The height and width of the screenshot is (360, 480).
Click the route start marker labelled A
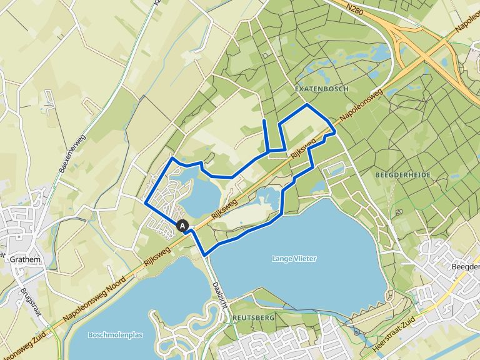[x=182, y=226]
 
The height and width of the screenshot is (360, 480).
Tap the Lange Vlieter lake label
[x=294, y=258]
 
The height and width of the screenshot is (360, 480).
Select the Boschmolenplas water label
[x=116, y=335]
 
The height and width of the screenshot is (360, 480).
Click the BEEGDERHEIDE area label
[x=402, y=176]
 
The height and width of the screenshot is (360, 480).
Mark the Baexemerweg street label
[x=71, y=155]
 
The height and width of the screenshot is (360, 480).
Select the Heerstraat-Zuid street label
[x=427, y=325]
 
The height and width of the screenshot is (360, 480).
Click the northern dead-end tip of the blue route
[x=264, y=119]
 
